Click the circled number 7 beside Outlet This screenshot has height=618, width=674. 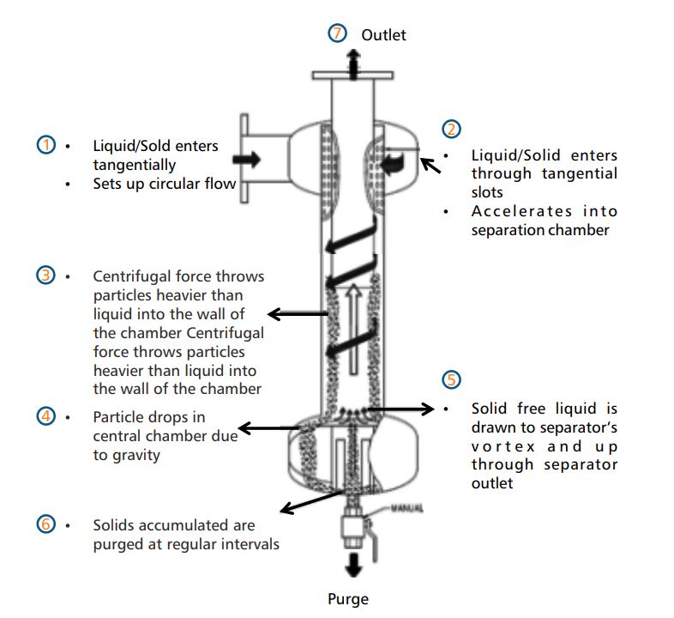pos(338,34)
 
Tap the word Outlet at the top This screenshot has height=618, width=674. pos(383,35)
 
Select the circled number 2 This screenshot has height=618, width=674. pos(451,129)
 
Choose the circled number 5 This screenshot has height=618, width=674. pos(451,380)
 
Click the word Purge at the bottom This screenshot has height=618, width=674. pos(348,598)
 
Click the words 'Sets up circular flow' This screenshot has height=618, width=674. pos(164,183)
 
